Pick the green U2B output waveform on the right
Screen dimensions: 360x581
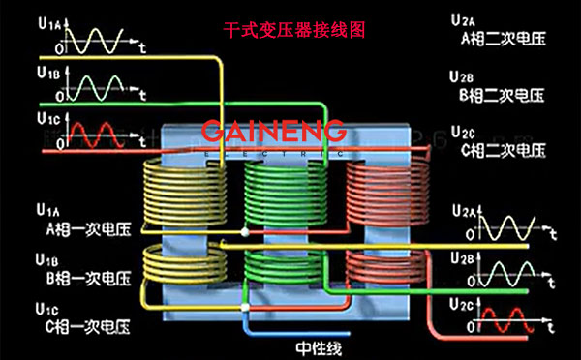508,276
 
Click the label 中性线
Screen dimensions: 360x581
320,347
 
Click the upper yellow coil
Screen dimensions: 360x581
181,194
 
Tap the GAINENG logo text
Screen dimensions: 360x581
274,132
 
